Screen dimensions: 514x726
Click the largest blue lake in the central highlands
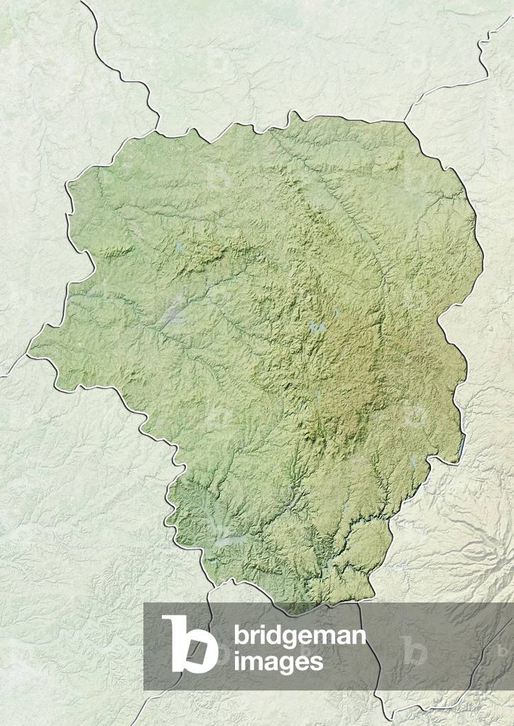317,327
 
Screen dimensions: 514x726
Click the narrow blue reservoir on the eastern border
464,445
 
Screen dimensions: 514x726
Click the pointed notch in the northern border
292,113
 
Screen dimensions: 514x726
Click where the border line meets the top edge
82,1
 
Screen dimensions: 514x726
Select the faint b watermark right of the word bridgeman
414,649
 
